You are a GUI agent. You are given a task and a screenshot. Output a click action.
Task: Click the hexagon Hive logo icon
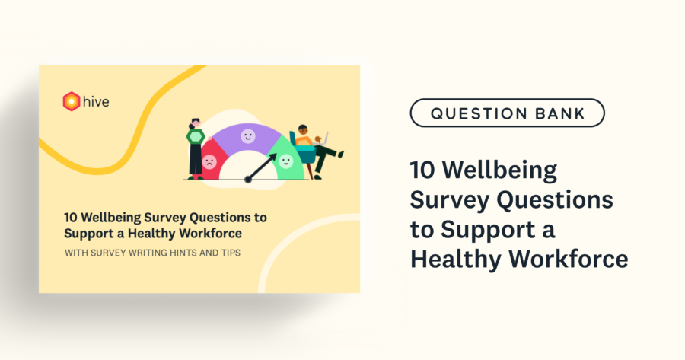coord(71,100)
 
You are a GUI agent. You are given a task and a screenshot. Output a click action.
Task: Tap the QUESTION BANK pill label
coord(508,113)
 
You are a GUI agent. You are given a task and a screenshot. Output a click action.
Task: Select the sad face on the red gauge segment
coord(208,161)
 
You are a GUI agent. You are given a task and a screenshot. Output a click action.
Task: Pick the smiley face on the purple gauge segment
coord(247,136)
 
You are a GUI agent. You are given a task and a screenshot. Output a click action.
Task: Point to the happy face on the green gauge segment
coord(285,160)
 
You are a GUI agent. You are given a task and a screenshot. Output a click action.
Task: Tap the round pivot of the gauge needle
coord(247,180)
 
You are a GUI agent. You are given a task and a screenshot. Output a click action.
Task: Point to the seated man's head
coord(303,130)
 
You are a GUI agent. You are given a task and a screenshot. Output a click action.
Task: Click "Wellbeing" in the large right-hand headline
coord(505,168)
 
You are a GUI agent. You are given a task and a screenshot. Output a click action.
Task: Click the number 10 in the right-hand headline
coord(423,168)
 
